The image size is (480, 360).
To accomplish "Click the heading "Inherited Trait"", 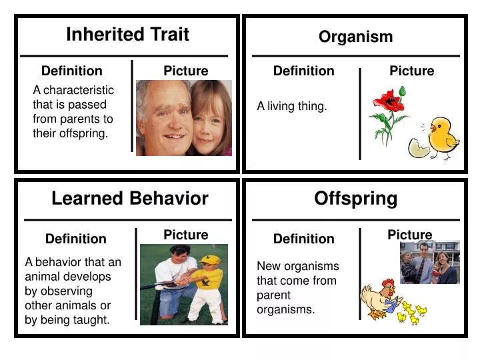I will (127, 35).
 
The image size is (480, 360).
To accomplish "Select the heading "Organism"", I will (355, 37).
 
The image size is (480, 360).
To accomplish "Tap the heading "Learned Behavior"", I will (130, 198).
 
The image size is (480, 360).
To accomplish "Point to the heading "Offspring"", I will (355, 198).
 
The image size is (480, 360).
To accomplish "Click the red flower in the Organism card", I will (389, 102).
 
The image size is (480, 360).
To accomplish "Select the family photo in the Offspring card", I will (429, 263).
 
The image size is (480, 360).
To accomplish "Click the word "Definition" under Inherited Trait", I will (72, 71).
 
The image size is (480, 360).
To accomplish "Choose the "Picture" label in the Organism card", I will (411, 71).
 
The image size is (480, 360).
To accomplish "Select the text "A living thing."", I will (292, 106).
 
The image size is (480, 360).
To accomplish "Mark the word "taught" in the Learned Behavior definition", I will (92, 320).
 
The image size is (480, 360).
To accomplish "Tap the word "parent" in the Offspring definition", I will (273, 295).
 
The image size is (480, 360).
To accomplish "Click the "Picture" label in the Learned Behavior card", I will (186, 235).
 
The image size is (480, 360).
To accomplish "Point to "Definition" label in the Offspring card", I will (304, 239).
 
